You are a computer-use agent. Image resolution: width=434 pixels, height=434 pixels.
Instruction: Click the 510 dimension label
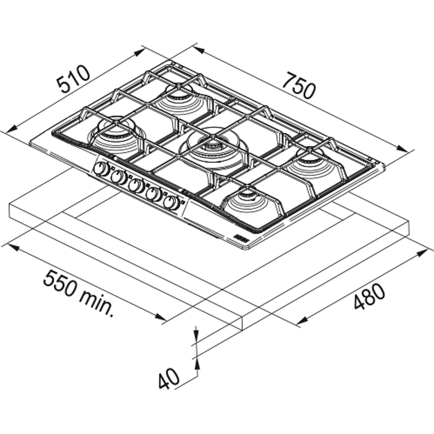point(73,80)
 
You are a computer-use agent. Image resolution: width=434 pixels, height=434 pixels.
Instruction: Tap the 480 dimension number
point(369,296)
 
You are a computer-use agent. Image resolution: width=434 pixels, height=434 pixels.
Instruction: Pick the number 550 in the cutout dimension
point(58,284)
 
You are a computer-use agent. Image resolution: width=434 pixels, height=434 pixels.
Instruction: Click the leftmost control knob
point(100,169)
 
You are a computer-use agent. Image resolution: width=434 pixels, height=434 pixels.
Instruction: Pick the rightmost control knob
point(173,202)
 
